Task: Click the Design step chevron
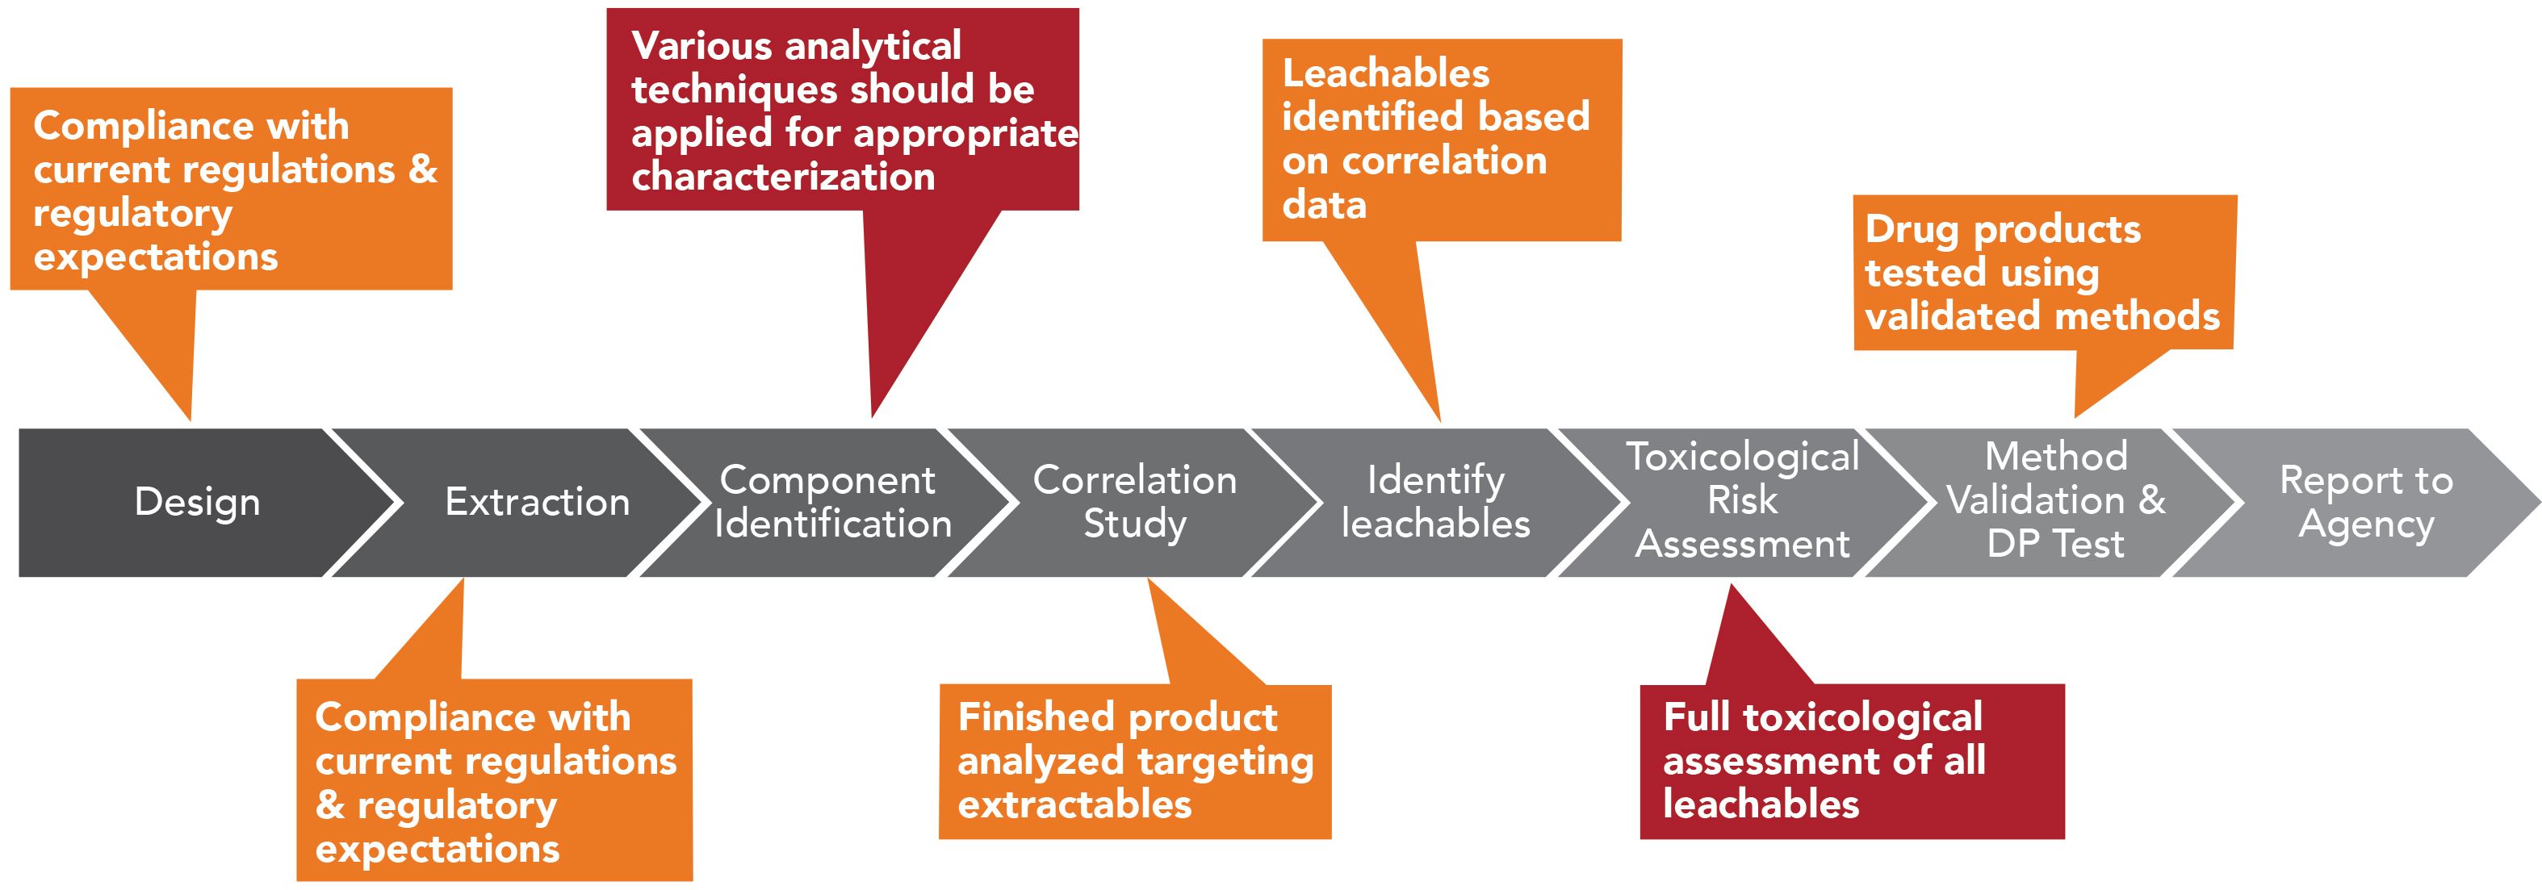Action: pyautogui.click(x=197, y=502)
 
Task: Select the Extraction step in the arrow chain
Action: pyautogui.click(x=537, y=502)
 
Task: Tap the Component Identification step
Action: pyautogui.click(x=832, y=502)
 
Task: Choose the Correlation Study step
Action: pyautogui.click(x=1135, y=502)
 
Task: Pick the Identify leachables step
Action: pyautogui.click(x=1436, y=502)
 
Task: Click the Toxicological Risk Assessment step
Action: pyautogui.click(x=1743, y=500)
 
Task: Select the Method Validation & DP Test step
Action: pyautogui.click(x=2055, y=500)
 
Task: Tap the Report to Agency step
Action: pyautogui.click(x=2365, y=502)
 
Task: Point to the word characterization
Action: pyautogui.click(x=782, y=178)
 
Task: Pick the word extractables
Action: pyautogui.click(x=1074, y=805)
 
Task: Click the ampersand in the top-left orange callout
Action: pyautogui.click(x=423, y=169)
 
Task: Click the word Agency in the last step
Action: pyautogui.click(x=2365, y=525)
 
